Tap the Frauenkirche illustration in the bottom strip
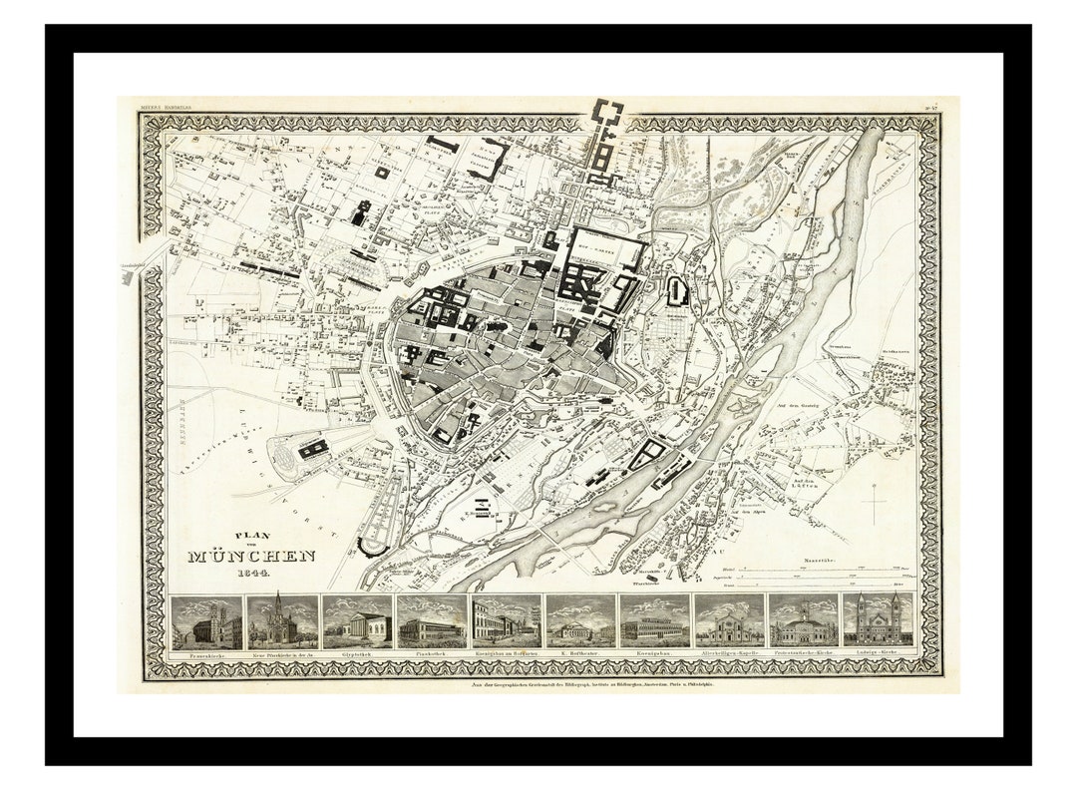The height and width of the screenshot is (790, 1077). coord(207,622)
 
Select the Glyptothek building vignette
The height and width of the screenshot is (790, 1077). coord(357,622)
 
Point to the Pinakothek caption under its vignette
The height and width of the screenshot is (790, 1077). coord(432,654)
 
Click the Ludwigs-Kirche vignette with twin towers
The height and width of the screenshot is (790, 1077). coord(877,621)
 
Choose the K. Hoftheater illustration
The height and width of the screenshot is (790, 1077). coord(579,622)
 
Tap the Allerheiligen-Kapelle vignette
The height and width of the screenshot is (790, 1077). coord(728,622)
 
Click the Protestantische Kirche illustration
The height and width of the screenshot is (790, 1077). coord(803,622)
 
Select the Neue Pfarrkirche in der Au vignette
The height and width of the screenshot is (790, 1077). coord(282,622)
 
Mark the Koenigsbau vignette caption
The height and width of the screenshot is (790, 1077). coord(654,654)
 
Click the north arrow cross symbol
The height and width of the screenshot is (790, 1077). coord(874,503)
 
